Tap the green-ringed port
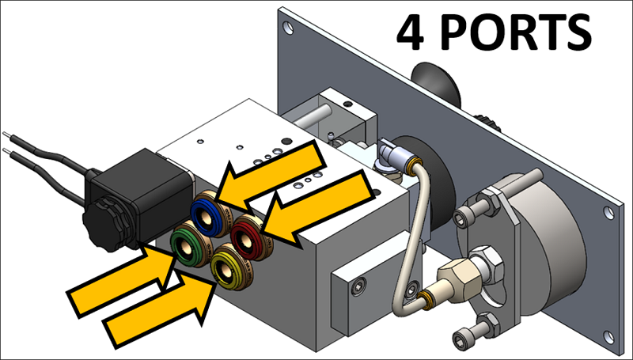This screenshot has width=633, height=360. [x=189, y=246]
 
